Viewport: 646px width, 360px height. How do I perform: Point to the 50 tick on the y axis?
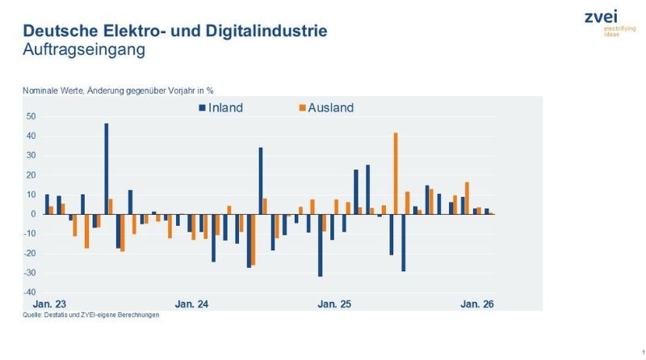tap(30, 116)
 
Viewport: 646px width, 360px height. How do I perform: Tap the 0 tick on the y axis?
tap(33, 214)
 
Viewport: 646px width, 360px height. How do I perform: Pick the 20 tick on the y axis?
tap(30, 175)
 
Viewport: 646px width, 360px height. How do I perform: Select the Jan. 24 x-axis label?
tap(191, 304)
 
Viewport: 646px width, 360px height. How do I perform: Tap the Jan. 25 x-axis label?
tap(334, 304)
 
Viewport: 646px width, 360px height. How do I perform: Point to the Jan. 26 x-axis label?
tap(477, 304)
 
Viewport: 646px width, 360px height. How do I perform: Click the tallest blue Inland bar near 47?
tap(107, 169)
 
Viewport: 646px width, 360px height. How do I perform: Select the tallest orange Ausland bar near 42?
tap(396, 174)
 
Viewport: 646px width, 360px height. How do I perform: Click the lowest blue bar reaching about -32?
tap(320, 245)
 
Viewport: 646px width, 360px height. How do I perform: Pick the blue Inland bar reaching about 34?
tap(261, 181)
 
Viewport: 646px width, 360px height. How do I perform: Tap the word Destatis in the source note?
tap(57, 316)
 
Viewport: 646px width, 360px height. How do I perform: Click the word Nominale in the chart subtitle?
tap(40, 90)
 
